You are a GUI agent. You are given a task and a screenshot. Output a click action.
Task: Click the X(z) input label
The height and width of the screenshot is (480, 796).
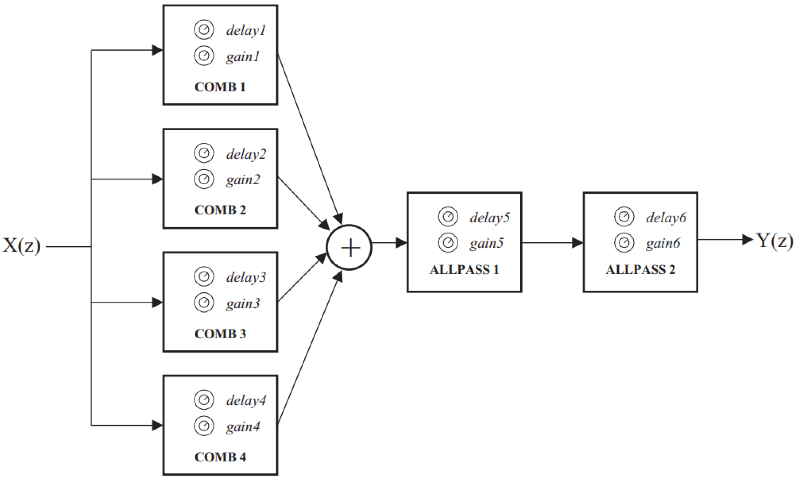[x=22, y=246]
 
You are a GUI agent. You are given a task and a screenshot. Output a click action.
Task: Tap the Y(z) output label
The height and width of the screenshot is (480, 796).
[x=774, y=241]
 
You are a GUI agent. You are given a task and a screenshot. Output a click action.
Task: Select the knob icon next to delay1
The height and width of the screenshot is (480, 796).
[x=204, y=30]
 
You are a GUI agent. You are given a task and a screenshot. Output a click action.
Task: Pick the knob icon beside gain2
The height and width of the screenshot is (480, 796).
[x=204, y=179]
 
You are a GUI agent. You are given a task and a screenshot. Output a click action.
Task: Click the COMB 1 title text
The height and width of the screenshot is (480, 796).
[x=220, y=87]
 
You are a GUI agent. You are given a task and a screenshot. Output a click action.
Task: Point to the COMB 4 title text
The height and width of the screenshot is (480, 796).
[x=220, y=457]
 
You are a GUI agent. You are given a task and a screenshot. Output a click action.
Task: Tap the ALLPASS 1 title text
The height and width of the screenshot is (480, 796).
[x=464, y=269]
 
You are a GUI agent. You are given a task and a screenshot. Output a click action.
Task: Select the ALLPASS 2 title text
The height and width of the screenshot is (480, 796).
[x=640, y=269]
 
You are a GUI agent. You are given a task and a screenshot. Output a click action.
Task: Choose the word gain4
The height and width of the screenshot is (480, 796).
[x=243, y=427]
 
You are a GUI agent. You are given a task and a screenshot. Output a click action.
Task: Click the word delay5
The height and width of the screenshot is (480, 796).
[x=490, y=218]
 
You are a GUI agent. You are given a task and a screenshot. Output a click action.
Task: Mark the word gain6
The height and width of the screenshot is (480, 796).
[x=663, y=243]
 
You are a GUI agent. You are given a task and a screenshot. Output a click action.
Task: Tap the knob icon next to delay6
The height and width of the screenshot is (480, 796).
[x=624, y=216]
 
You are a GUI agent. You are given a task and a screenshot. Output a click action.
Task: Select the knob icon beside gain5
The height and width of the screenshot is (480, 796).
[x=448, y=243]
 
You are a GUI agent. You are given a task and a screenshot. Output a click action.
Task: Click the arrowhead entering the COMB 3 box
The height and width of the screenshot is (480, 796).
[x=157, y=302]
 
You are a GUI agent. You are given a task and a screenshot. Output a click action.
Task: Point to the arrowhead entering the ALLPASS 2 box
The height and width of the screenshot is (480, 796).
[x=577, y=243]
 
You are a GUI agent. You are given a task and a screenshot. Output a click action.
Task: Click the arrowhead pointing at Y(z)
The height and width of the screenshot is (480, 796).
[x=747, y=239]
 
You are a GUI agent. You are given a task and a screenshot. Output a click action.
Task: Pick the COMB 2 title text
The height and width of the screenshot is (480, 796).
[x=220, y=210]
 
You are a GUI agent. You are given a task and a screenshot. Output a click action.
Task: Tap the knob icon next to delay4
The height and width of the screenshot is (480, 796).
[x=204, y=400]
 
